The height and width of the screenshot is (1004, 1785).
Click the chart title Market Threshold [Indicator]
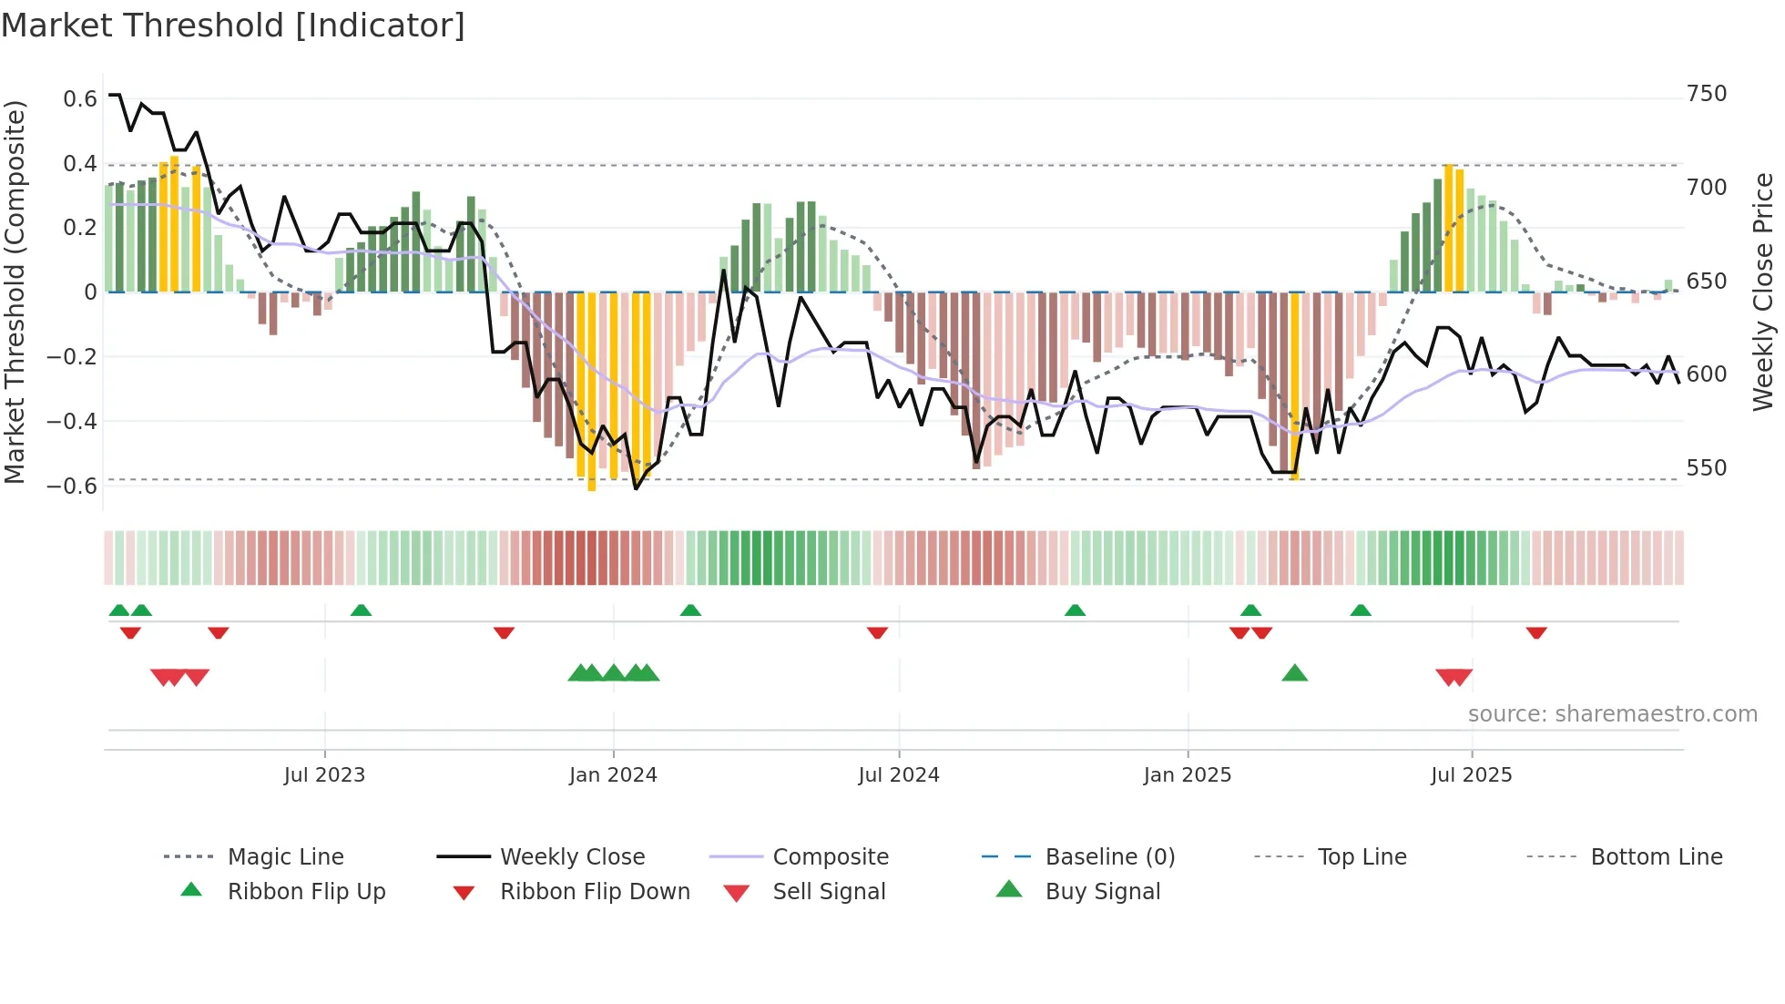click(233, 26)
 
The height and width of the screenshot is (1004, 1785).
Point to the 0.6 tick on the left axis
click(80, 98)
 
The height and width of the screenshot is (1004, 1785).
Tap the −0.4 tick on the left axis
click(72, 421)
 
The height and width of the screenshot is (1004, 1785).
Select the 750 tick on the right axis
click(1706, 94)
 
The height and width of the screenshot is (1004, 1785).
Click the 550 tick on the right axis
click(1706, 467)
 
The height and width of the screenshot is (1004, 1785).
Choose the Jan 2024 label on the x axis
click(613, 775)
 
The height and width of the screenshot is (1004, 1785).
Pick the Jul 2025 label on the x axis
click(1471, 775)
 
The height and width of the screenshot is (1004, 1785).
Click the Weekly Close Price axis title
click(1763, 292)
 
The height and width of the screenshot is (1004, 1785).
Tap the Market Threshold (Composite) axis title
click(15, 292)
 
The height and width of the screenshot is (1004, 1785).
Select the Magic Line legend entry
click(285, 857)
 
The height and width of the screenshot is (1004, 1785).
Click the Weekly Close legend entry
click(572, 857)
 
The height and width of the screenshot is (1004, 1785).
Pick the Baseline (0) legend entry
click(1109, 857)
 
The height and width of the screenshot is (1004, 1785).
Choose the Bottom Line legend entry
click(1656, 857)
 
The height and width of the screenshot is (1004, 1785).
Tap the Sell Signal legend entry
click(829, 892)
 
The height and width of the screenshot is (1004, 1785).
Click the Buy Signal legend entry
click(1102, 892)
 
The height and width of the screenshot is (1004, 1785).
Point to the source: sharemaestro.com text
click(1612, 714)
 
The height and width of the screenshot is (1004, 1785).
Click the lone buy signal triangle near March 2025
click(1294, 674)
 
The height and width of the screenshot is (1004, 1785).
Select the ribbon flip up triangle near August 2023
click(361, 610)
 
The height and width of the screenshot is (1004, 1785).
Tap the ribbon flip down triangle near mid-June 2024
click(877, 632)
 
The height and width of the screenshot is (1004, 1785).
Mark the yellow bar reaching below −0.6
click(592, 392)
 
